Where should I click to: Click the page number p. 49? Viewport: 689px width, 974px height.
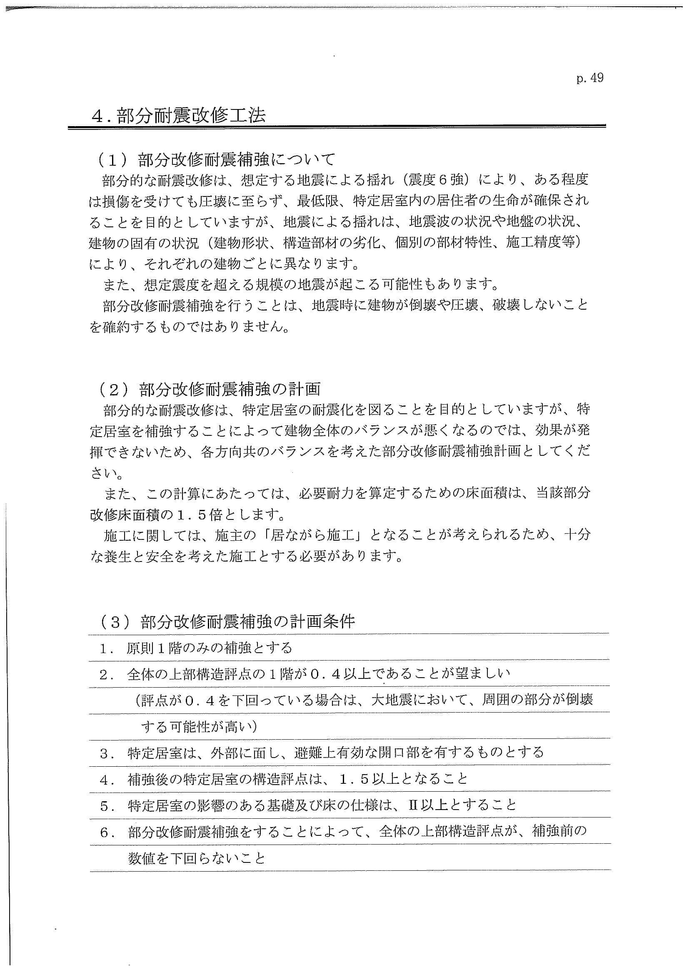tap(590, 79)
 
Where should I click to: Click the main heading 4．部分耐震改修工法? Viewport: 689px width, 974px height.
tap(179, 116)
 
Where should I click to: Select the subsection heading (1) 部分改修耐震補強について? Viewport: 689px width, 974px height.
tap(217, 159)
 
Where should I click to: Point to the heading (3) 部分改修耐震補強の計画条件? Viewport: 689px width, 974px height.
tap(227, 621)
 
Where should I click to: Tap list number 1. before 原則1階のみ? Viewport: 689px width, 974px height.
tap(106, 648)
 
